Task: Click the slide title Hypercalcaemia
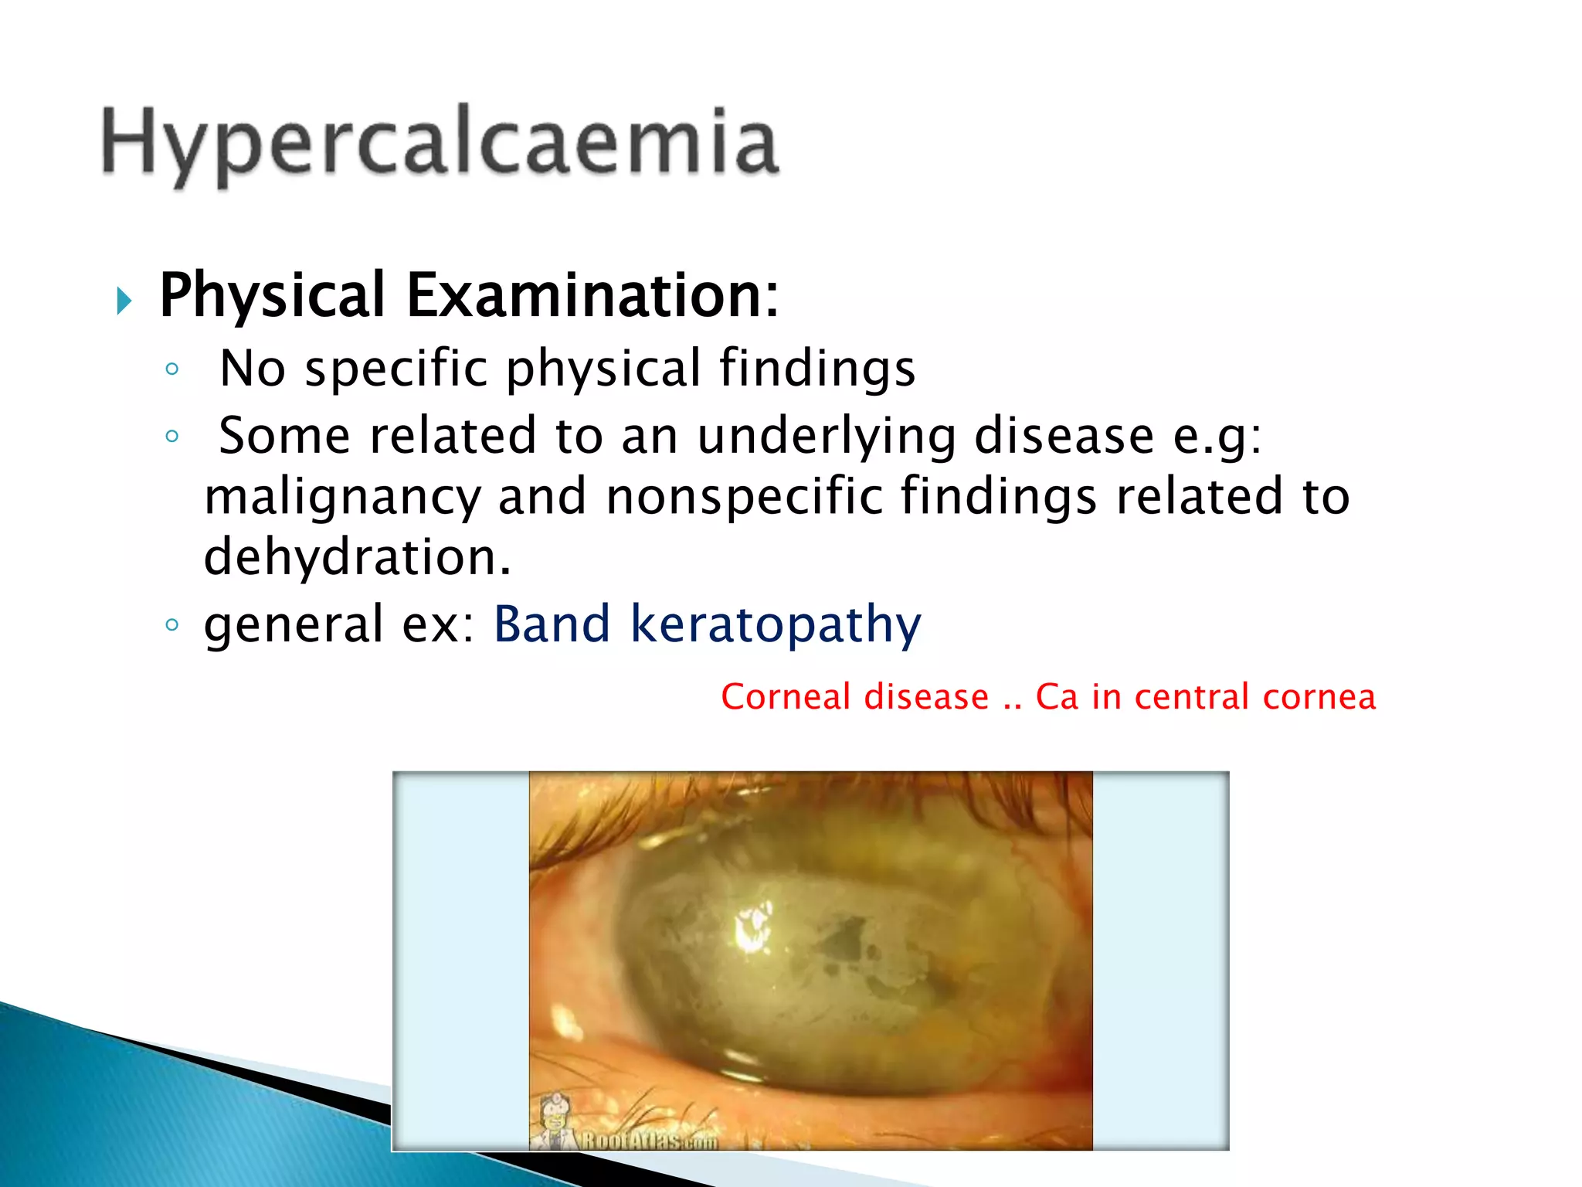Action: [x=440, y=143]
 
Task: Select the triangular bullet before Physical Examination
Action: [x=124, y=300]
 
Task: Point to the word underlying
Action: [x=827, y=436]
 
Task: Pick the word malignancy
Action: [x=342, y=497]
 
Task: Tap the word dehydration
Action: [x=356, y=556]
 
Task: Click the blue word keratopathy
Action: [x=776, y=624]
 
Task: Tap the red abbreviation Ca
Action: [x=1056, y=697]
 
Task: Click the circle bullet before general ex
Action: [x=172, y=624]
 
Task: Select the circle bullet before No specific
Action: [x=172, y=369]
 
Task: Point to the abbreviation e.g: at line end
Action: [x=1217, y=437]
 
